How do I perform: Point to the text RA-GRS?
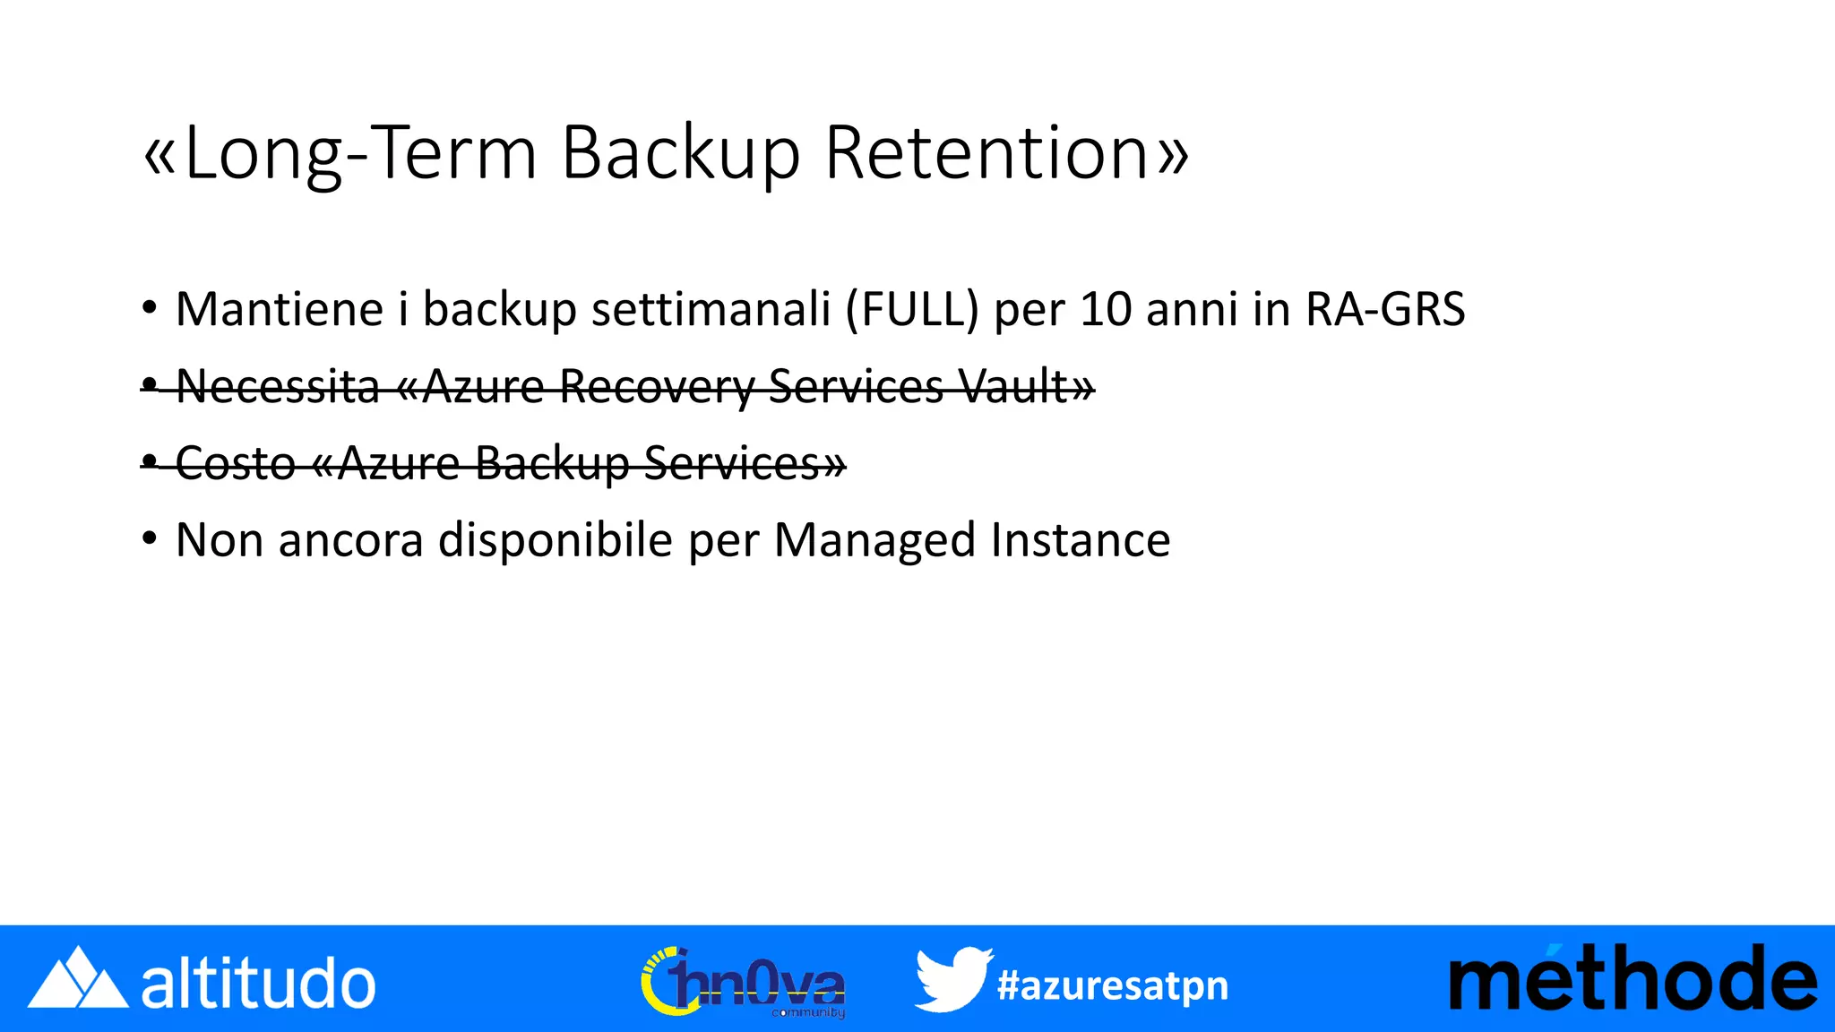(1385, 310)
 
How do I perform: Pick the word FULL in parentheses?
(912, 310)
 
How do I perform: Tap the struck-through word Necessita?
(278, 387)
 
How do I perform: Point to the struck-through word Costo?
(235, 464)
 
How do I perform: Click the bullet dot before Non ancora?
(150, 539)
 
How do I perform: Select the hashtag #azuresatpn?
(1113, 985)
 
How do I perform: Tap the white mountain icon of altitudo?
(78, 979)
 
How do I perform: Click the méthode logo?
(1633, 979)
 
